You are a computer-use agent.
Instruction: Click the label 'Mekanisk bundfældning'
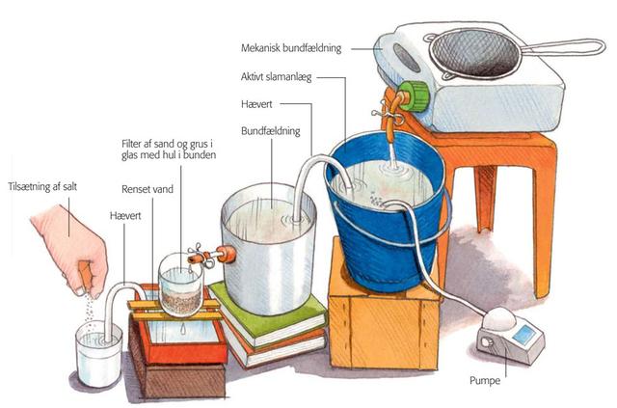point(291,48)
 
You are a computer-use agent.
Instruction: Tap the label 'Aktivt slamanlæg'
point(277,77)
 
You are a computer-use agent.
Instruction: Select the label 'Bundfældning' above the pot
point(271,131)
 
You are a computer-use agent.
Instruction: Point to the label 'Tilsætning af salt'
point(42,186)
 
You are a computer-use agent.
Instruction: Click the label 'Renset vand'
point(148,189)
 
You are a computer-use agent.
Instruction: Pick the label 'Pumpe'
point(485,381)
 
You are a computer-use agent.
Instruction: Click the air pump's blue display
point(523,335)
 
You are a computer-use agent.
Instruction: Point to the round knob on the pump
point(487,342)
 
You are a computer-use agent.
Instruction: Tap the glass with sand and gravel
point(180,285)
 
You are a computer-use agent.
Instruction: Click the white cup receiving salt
point(98,353)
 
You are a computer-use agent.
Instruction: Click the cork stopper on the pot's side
point(226,255)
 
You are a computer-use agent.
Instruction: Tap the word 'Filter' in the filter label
point(133,144)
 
